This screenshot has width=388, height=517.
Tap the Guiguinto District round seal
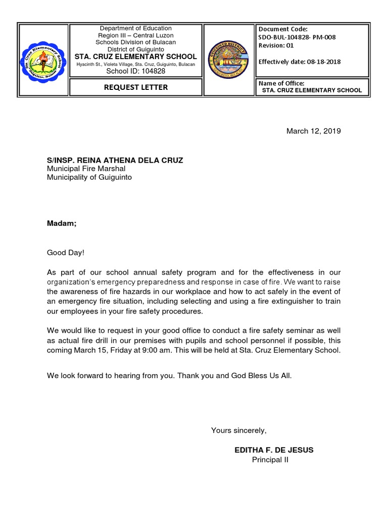(228, 60)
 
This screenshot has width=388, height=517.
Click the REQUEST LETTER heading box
(135, 87)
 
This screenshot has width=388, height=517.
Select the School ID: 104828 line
(135, 71)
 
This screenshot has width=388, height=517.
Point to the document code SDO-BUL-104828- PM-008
(297, 37)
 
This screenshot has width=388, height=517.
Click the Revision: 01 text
(277, 45)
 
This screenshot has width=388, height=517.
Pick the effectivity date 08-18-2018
(321, 62)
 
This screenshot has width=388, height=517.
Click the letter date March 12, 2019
(313, 131)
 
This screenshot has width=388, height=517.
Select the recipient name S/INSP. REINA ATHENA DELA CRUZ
(115, 160)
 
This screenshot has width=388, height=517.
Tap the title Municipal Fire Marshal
(86, 169)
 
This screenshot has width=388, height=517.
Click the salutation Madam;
(62, 223)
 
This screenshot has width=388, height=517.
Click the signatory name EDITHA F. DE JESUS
(274, 450)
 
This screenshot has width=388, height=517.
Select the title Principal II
(270, 459)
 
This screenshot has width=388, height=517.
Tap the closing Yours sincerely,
(238, 430)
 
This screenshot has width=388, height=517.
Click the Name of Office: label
(281, 83)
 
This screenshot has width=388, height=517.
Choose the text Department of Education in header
(135, 28)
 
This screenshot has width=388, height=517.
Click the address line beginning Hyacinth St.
(135, 64)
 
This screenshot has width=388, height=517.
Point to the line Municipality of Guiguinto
(89, 178)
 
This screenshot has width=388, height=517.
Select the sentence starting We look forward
(169, 376)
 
